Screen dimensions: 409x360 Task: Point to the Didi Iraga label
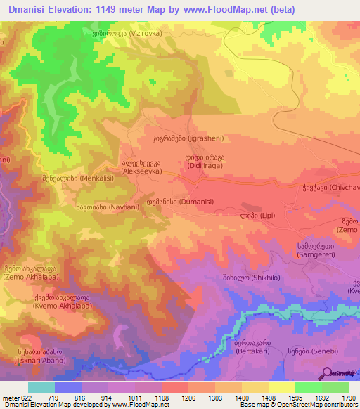(205, 162)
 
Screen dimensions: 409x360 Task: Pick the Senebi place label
(304, 350)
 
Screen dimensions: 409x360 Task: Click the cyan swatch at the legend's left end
(41, 387)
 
